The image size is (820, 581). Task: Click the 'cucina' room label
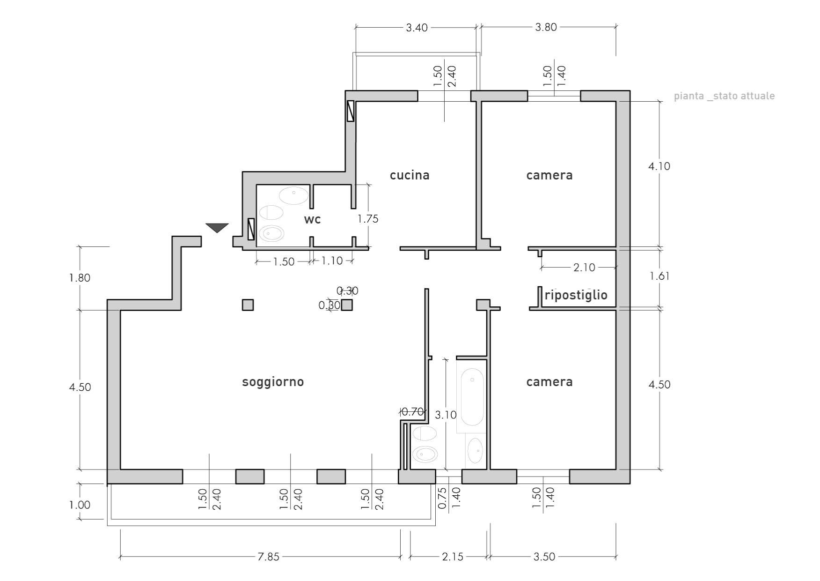tap(410, 175)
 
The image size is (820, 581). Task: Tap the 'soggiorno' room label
tap(273, 382)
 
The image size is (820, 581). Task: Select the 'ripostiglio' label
tap(576, 295)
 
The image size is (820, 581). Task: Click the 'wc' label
tap(312, 219)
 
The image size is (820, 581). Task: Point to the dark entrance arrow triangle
tap(217, 228)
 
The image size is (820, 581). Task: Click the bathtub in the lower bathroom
tap(472, 397)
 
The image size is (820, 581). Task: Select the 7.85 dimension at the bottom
tap(268, 557)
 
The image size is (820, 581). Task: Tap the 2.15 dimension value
tap(453, 557)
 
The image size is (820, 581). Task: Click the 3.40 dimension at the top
tap(417, 28)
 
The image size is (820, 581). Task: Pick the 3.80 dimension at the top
tap(546, 27)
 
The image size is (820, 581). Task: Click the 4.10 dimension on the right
tap(659, 166)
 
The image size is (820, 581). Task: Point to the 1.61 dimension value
tap(659, 276)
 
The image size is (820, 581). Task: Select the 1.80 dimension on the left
tap(80, 278)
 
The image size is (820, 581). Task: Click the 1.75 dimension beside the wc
tap(368, 219)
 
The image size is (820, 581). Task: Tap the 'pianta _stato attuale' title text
tap(724, 97)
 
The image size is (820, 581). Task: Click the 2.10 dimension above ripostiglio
tap(584, 268)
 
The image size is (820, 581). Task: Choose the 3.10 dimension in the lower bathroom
tap(446, 415)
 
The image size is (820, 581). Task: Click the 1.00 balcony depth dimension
tap(80, 505)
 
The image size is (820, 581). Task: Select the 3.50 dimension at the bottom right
tap(544, 557)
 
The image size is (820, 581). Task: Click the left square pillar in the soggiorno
tap(248, 305)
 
